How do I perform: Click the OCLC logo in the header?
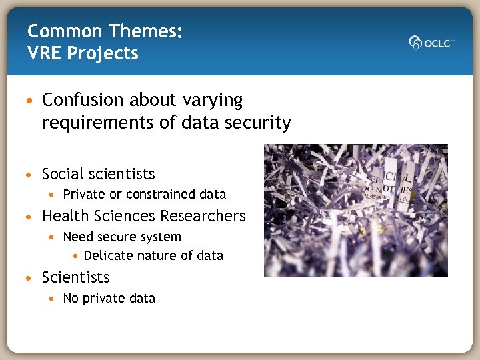coord(431,43)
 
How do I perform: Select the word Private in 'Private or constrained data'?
coord(84,195)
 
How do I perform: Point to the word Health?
coord(64,216)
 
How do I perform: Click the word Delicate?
coord(108,255)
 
